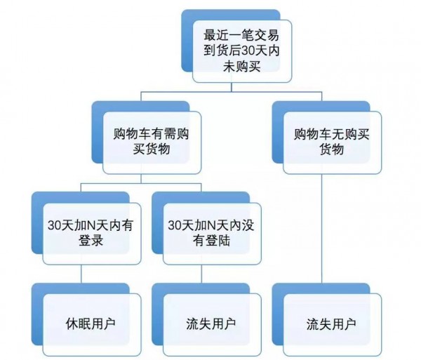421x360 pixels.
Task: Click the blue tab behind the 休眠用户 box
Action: tap(49, 289)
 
